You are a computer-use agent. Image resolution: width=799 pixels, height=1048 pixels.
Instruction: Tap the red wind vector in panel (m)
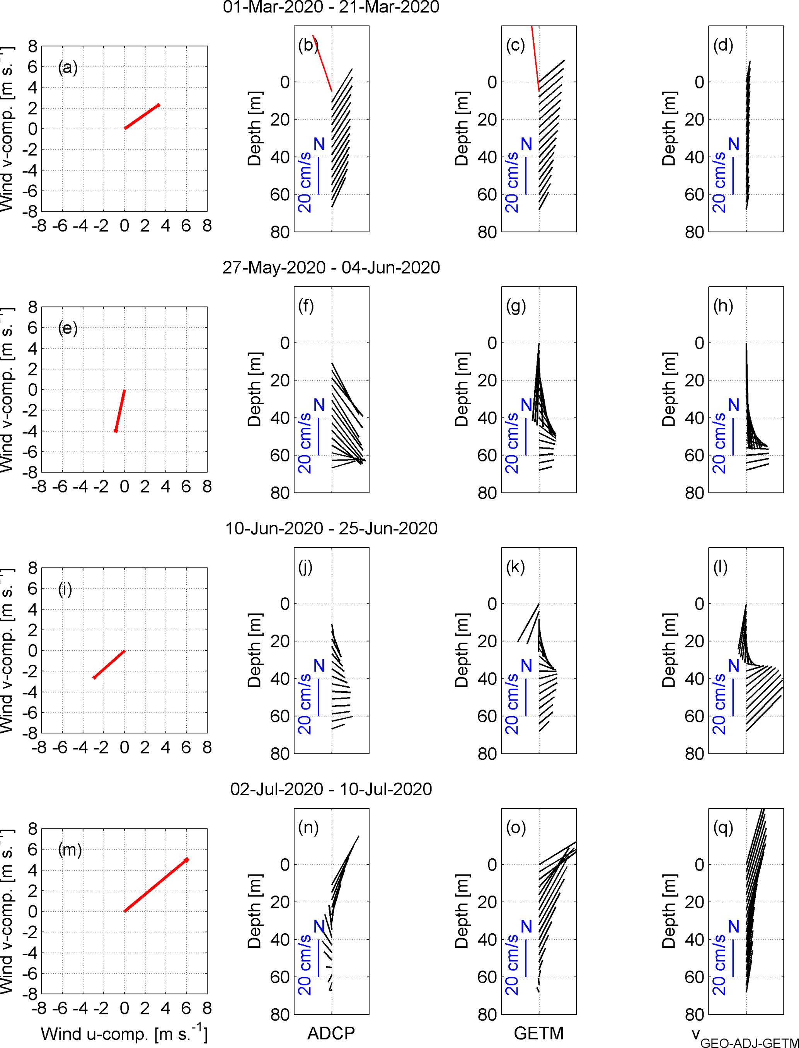pos(155,885)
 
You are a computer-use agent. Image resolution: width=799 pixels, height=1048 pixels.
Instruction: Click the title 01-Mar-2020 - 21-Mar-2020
pos(331,7)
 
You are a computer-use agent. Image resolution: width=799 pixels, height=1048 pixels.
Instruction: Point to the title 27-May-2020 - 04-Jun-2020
pos(331,268)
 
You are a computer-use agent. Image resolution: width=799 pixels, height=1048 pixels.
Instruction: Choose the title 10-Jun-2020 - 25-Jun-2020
pos(331,528)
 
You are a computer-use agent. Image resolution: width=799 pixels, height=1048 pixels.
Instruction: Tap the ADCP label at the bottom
pos(331,1033)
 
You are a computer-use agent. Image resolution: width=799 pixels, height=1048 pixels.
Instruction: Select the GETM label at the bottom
pos(538,1033)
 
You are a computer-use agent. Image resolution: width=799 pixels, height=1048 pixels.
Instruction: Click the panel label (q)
pos(723,827)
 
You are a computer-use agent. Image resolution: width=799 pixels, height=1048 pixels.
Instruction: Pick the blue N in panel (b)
pos(319,144)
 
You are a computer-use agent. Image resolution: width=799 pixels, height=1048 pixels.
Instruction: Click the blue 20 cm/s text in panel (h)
pos(719,443)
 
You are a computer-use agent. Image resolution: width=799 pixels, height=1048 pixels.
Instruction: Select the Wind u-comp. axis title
pos(124,1034)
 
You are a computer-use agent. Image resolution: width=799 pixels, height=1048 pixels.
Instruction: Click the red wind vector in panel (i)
pos(109,664)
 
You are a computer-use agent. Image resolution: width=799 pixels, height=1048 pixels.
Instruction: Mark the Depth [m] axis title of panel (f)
pos(255,390)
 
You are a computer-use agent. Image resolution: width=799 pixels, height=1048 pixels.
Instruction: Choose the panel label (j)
pos(305,567)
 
